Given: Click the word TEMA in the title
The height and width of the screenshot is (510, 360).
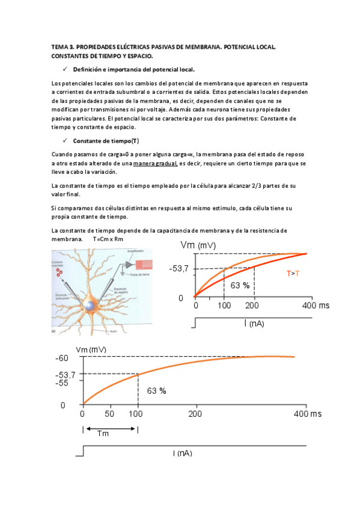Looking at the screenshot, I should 59,46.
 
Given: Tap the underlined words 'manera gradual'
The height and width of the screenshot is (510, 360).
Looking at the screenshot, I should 155,164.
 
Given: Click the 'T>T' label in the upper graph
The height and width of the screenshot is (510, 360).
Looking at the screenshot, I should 293,274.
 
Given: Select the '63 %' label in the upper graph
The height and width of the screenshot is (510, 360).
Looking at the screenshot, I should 240,286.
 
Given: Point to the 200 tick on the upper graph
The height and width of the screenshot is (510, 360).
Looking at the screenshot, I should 254,306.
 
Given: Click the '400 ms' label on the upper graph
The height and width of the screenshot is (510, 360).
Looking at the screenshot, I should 316,306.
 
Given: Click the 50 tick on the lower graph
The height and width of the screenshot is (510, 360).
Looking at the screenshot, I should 109,415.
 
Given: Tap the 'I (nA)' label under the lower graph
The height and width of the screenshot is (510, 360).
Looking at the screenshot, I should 182,452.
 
